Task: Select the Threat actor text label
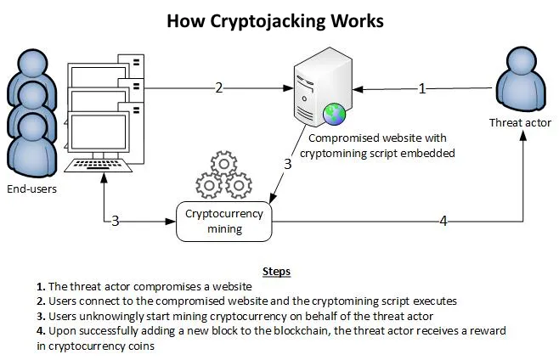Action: click(x=520, y=123)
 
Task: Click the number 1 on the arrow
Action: click(x=422, y=87)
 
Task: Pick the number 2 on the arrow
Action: click(x=219, y=87)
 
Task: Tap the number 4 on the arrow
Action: click(x=442, y=221)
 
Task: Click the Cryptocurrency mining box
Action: click(x=225, y=221)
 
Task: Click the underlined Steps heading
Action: click(x=276, y=272)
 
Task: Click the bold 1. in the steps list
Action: click(x=18, y=287)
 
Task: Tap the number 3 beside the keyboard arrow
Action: click(x=115, y=221)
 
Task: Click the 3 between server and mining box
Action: click(x=288, y=165)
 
